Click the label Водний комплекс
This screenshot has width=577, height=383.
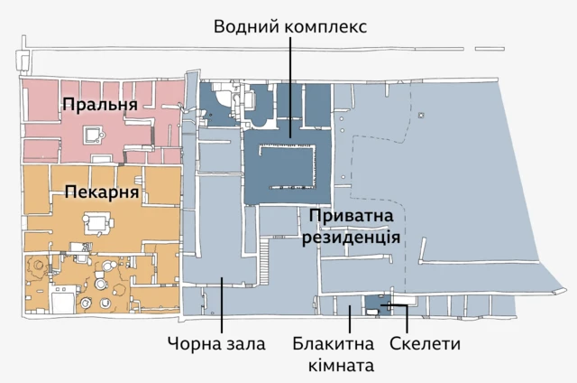click(x=289, y=24)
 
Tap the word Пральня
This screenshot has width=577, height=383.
click(x=100, y=106)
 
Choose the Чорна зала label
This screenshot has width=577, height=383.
click(x=216, y=344)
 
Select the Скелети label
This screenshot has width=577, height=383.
click(x=425, y=344)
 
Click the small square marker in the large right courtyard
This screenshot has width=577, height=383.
click(x=420, y=117)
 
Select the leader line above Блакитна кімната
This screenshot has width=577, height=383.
click(x=350, y=320)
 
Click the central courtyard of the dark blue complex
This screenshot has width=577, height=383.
click(x=287, y=163)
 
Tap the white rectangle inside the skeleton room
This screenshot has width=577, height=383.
click(x=372, y=311)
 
